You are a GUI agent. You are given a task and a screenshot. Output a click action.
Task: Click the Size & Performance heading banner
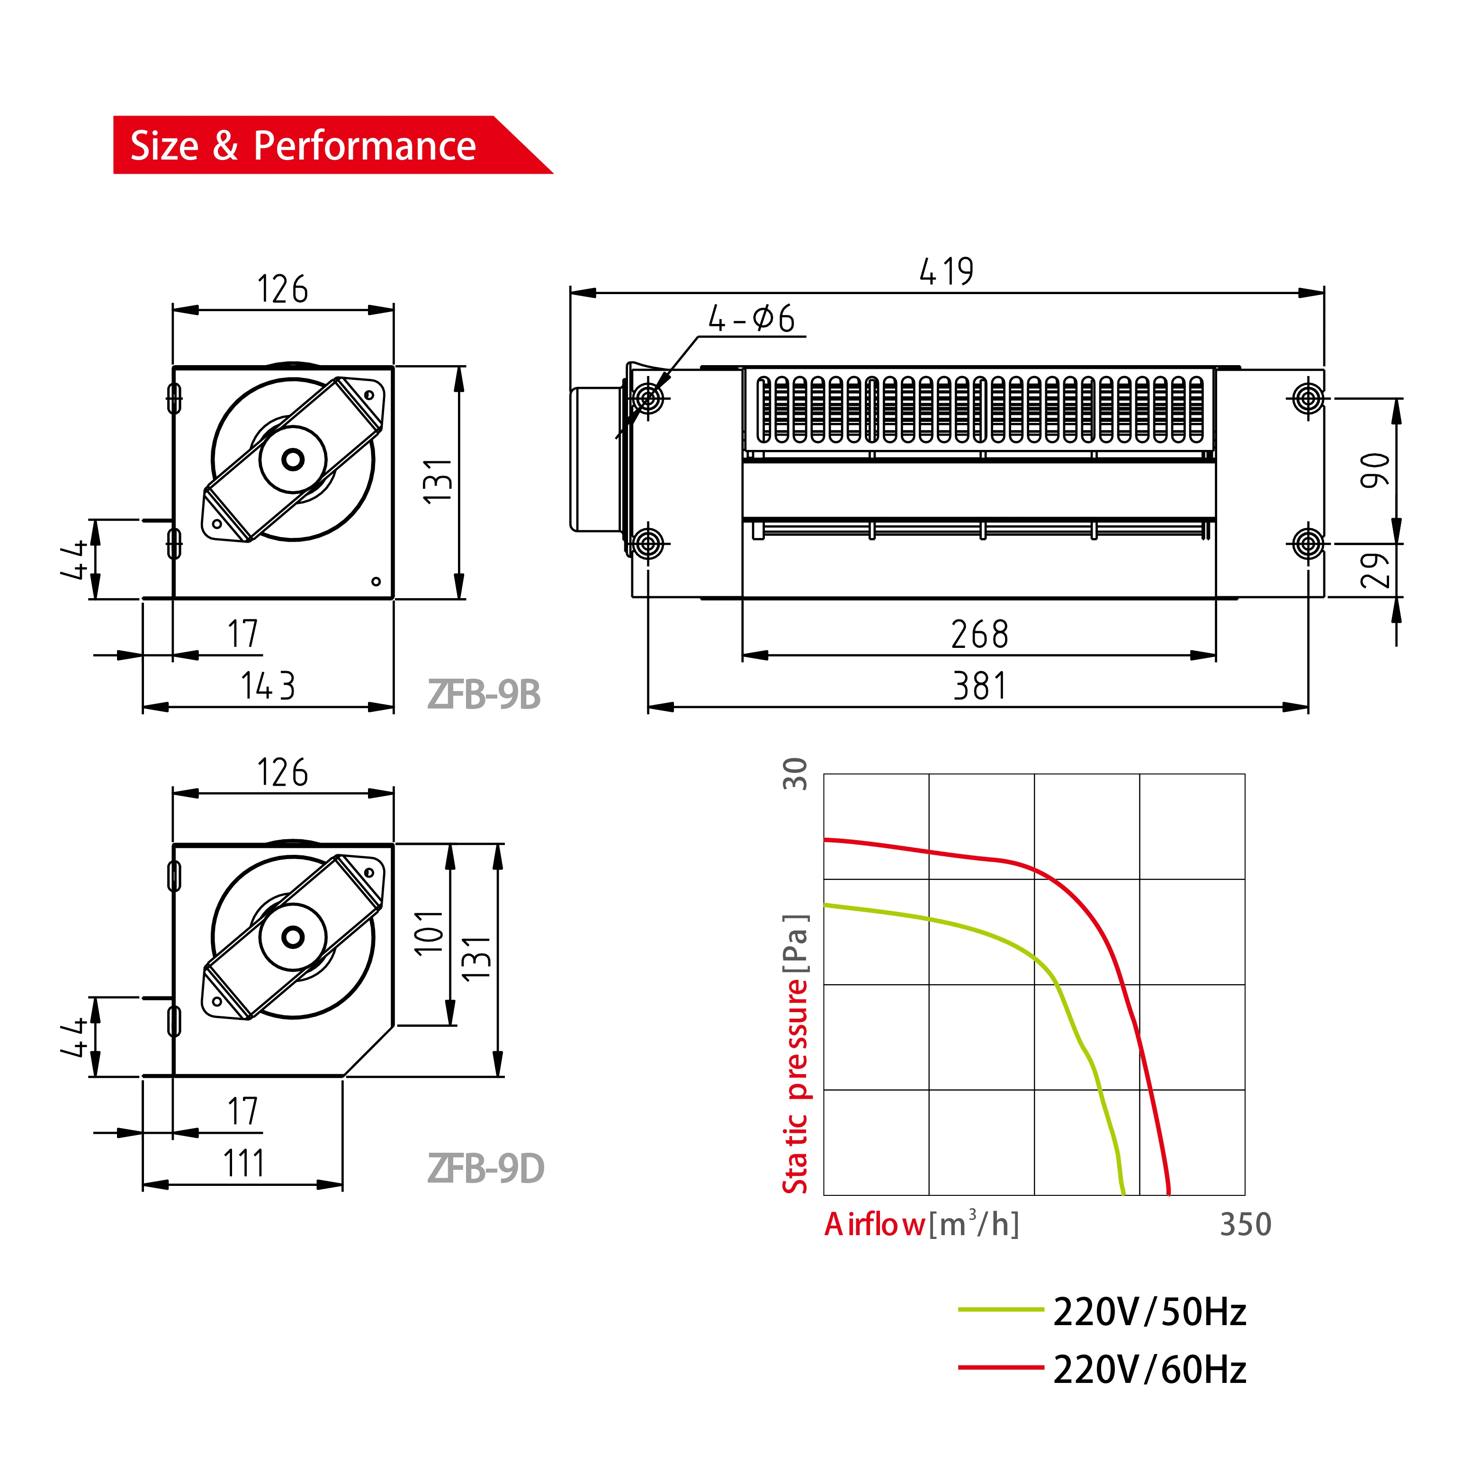pos(304,145)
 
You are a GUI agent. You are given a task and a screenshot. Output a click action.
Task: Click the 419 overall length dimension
pos(946,271)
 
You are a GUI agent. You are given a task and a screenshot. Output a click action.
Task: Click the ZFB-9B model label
pos(484,695)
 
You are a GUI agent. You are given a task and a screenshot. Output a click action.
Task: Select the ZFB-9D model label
pos(485,1169)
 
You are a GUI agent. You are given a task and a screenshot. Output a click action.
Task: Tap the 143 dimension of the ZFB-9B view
pos(268,686)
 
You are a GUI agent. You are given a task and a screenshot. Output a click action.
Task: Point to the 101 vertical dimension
pos(429,932)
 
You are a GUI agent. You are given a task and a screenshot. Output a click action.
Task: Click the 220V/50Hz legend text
pos(1149,1312)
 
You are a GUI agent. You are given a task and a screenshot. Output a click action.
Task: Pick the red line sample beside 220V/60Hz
pos(1000,1367)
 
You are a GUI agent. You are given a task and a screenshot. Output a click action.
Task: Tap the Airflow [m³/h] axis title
pos(922,1225)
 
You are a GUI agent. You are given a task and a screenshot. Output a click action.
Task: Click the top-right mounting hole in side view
pos(1308,398)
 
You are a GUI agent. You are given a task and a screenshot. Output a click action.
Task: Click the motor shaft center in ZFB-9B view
pos(293,459)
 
